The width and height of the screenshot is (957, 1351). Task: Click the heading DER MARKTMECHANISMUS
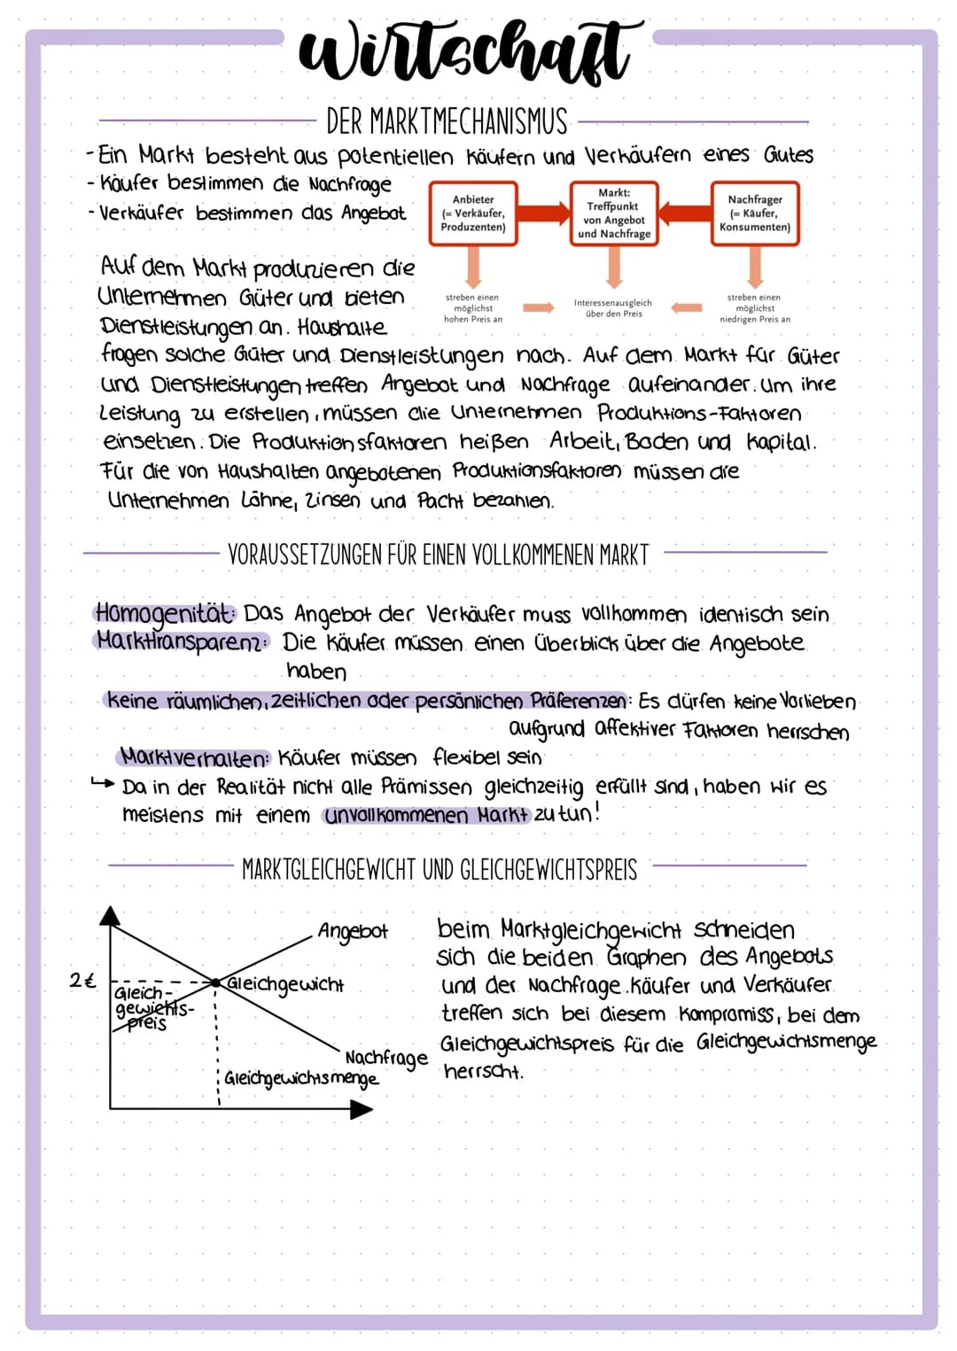pos(447,121)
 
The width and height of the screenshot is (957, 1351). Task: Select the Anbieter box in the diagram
pos(473,214)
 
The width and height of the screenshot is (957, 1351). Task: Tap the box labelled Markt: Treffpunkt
pos(614,214)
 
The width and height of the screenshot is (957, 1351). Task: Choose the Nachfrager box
pos(755,214)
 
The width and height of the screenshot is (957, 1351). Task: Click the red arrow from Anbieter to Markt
pos(543,213)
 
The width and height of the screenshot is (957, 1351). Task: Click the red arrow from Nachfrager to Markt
pos(685,213)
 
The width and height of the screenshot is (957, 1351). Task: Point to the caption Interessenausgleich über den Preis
pos(612,307)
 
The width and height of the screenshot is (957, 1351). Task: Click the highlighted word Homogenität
pos(165,612)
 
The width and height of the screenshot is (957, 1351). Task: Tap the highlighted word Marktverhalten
pos(193,757)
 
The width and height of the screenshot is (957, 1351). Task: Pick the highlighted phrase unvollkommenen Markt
pos(426,815)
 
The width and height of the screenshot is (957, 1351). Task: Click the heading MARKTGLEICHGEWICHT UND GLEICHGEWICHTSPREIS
pos(440,869)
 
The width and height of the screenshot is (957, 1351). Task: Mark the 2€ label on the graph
pos(82,981)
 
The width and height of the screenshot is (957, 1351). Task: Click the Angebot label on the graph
pos(353,931)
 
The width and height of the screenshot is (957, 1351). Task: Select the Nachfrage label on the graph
pos(385,1057)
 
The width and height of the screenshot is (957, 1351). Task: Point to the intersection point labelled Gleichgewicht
pos(215,982)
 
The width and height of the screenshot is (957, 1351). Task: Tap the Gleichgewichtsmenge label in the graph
pos(301,1078)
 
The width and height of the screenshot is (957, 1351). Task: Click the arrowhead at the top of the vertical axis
pos(110,915)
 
